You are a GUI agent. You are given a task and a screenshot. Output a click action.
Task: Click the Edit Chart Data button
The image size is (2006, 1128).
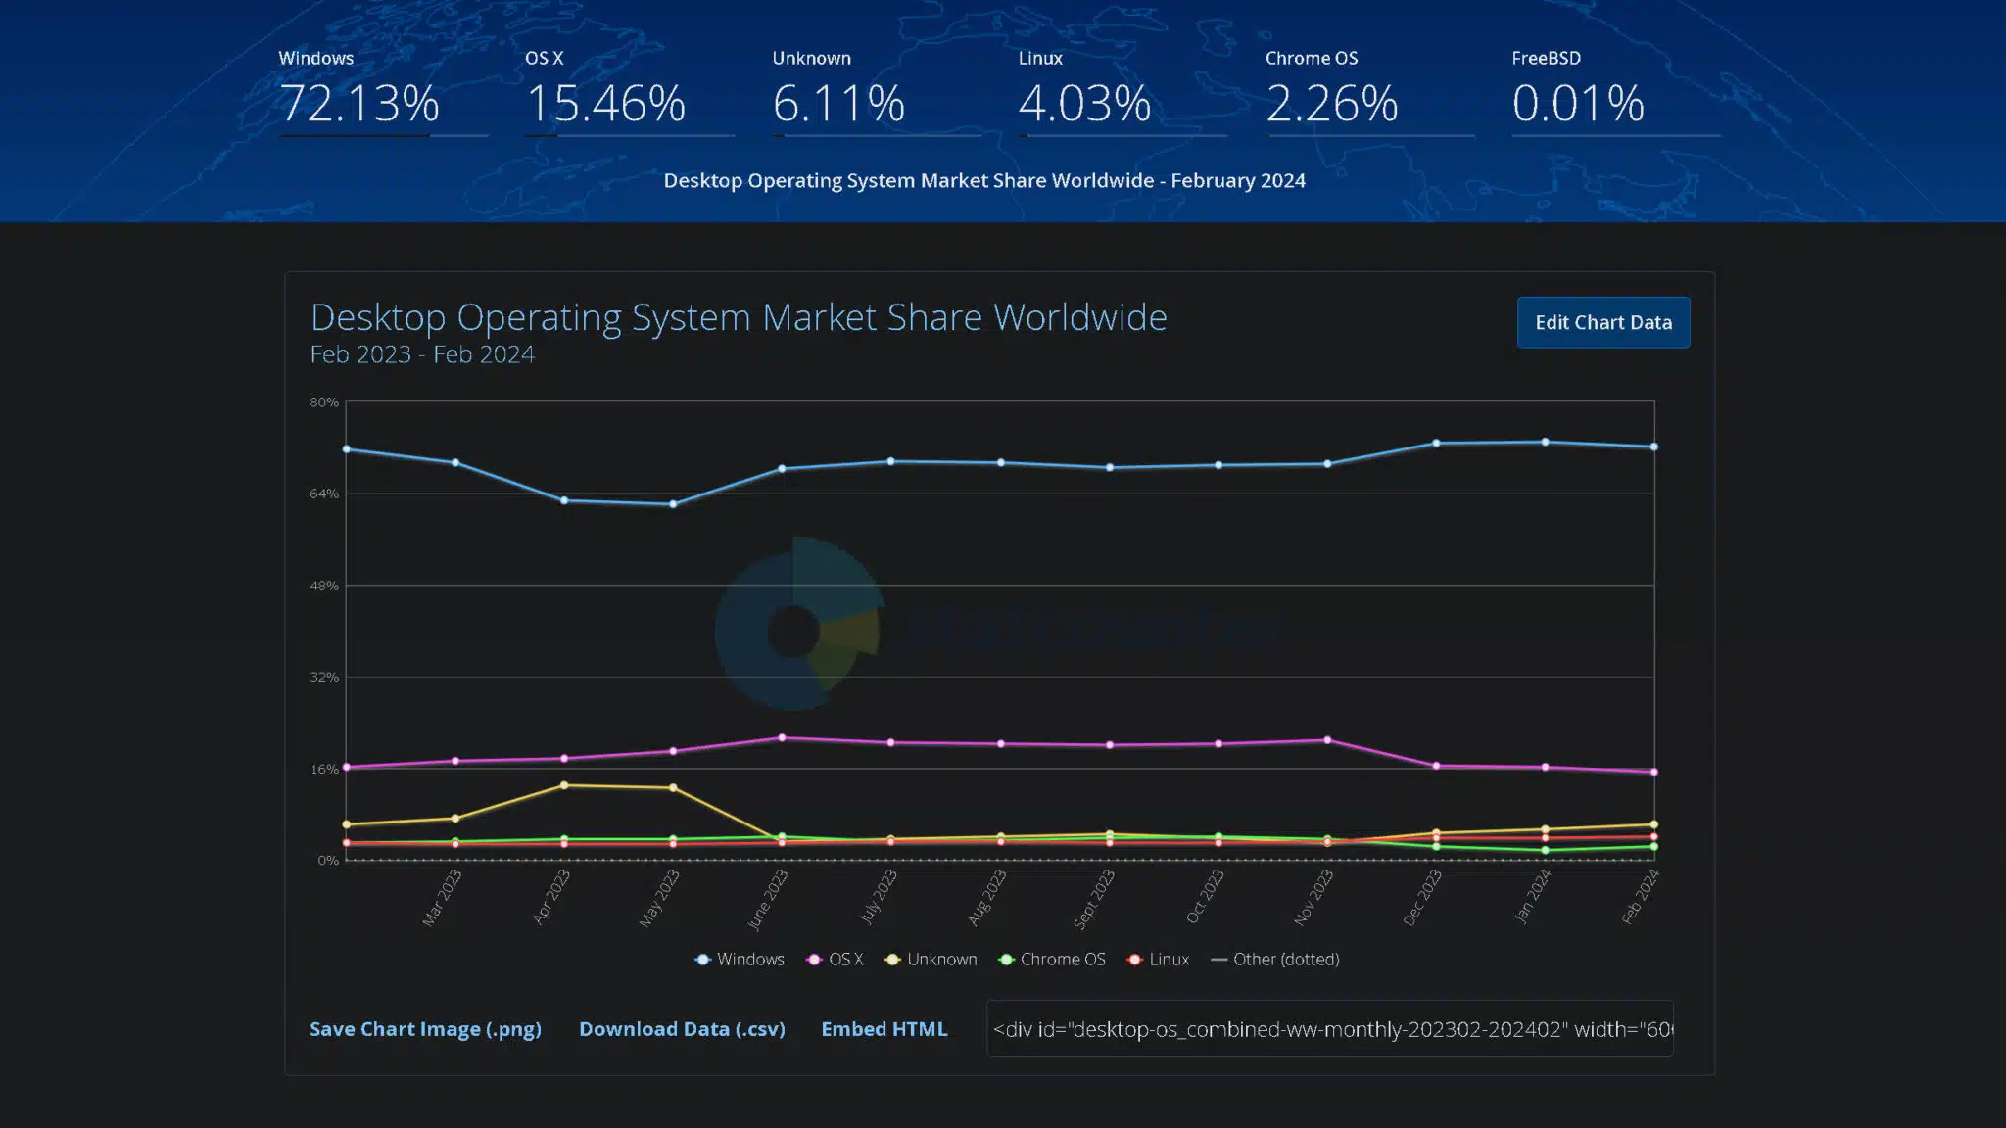(1602, 322)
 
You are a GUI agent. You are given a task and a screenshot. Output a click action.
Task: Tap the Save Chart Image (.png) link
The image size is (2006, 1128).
(425, 1029)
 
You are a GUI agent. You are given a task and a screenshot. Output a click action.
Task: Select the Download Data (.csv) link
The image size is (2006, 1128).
(682, 1029)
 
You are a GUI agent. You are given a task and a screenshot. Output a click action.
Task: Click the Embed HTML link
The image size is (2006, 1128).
(884, 1029)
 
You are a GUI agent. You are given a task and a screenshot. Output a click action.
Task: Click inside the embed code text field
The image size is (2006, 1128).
(1329, 1029)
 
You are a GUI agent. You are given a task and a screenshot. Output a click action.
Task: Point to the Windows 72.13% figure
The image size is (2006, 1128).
(358, 103)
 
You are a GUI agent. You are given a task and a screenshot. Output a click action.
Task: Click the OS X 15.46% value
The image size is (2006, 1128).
(605, 103)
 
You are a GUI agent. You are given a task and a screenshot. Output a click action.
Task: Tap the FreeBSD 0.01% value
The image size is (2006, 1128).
(1577, 103)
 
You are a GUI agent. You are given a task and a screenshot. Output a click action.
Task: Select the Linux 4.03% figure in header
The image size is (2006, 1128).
(1084, 103)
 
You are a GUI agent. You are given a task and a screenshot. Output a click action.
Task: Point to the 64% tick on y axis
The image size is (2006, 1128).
(324, 493)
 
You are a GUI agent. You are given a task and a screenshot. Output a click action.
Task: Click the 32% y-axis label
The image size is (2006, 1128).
(324, 677)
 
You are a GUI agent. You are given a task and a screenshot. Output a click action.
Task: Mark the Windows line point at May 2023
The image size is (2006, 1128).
(673, 504)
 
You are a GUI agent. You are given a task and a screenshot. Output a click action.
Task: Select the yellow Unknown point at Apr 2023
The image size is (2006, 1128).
(564, 785)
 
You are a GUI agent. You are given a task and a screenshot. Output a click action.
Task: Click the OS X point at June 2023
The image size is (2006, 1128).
(782, 737)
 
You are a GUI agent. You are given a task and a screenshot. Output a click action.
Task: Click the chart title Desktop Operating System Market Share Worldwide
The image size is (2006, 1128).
(739, 317)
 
